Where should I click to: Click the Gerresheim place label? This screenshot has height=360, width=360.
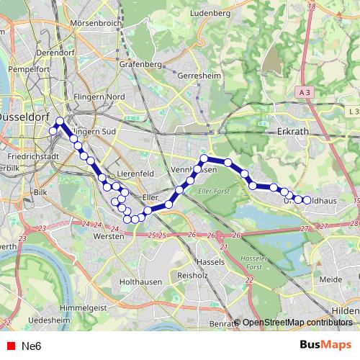196,75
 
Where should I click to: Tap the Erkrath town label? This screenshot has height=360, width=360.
292,132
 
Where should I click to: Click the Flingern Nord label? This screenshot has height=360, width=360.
99,96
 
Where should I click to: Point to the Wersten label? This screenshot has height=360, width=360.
110,235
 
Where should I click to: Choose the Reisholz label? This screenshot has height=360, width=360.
192,275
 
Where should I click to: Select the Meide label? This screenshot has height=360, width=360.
330,279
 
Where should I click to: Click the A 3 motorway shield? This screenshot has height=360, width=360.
303,92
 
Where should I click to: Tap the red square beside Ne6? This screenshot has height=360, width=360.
10,346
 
